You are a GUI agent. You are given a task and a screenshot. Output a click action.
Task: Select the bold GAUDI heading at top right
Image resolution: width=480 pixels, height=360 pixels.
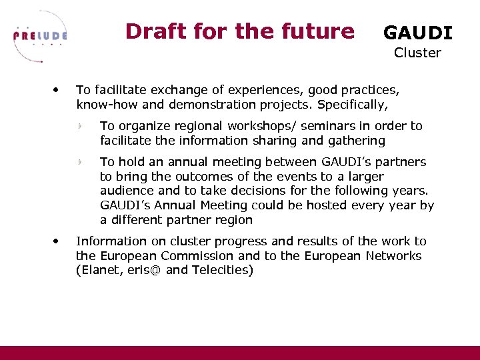tap(417, 33)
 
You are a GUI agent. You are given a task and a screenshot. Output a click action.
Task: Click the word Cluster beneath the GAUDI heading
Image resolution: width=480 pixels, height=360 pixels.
tap(417, 53)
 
